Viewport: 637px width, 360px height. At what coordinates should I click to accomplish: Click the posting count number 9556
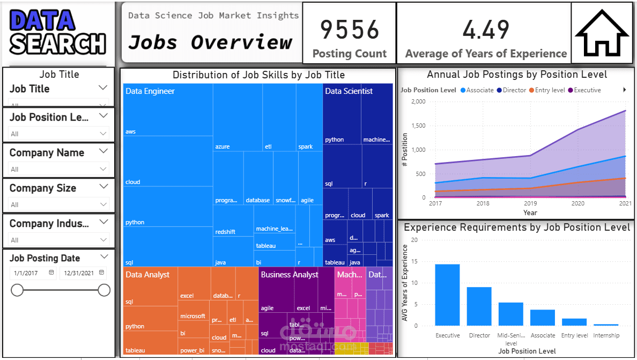(x=350, y=29)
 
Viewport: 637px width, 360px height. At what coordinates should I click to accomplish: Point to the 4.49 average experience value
(x=486, y=29)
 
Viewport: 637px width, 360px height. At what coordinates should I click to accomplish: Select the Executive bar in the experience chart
(x=447, y=295)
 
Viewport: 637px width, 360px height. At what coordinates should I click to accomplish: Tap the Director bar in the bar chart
(x=479, y=306)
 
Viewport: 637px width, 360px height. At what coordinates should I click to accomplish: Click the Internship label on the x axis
(x=606, y=335)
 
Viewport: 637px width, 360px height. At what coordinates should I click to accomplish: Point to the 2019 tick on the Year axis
(x=530, y=204)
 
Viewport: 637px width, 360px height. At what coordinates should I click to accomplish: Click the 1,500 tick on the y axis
(x=418, y=126)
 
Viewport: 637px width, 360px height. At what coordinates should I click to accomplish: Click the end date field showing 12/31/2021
(x=79, y=273)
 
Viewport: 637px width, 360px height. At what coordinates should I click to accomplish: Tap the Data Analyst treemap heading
(x=147, y=275)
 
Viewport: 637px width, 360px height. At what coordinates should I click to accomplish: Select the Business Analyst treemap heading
(x=290, y=275)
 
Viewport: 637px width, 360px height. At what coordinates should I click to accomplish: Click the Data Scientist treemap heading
(x=349, y=91)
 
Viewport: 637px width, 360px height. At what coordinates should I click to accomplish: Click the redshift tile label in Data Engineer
(x=225, y=232)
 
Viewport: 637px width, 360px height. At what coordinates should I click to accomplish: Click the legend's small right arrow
(x=625, y=90)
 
